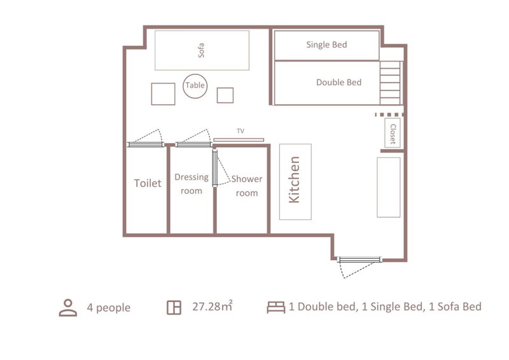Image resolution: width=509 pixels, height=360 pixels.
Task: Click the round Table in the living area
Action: (195, 86)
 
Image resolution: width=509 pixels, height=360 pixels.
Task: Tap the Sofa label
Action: (201, 50)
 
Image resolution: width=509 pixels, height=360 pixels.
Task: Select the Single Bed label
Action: (326, 45)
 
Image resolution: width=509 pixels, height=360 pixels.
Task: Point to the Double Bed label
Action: (338, 83)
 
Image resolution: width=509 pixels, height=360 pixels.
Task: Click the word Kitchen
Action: (295, 179)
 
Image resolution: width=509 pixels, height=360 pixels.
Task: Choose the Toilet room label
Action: (148, 183)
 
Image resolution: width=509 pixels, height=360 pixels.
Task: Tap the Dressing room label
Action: (192, 184)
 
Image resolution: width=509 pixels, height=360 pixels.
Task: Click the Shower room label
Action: (247, 186)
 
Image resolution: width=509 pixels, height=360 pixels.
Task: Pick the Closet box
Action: (393, 133)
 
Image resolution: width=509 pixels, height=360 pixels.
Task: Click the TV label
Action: (241, 131)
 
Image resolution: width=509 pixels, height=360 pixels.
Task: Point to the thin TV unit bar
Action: (239, 140)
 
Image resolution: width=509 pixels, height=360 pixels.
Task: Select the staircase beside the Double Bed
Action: (391, 83)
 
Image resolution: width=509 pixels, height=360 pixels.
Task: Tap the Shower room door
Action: (221, 168)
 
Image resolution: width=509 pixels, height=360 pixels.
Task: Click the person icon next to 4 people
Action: (68, 308)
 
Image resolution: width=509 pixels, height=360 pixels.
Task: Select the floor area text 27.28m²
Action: (213, 306)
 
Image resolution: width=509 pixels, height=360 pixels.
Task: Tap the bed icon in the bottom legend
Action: (276, 307)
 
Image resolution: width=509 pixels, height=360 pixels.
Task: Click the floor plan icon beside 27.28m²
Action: (174, 308)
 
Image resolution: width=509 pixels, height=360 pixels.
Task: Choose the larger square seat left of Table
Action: (164, 93)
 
